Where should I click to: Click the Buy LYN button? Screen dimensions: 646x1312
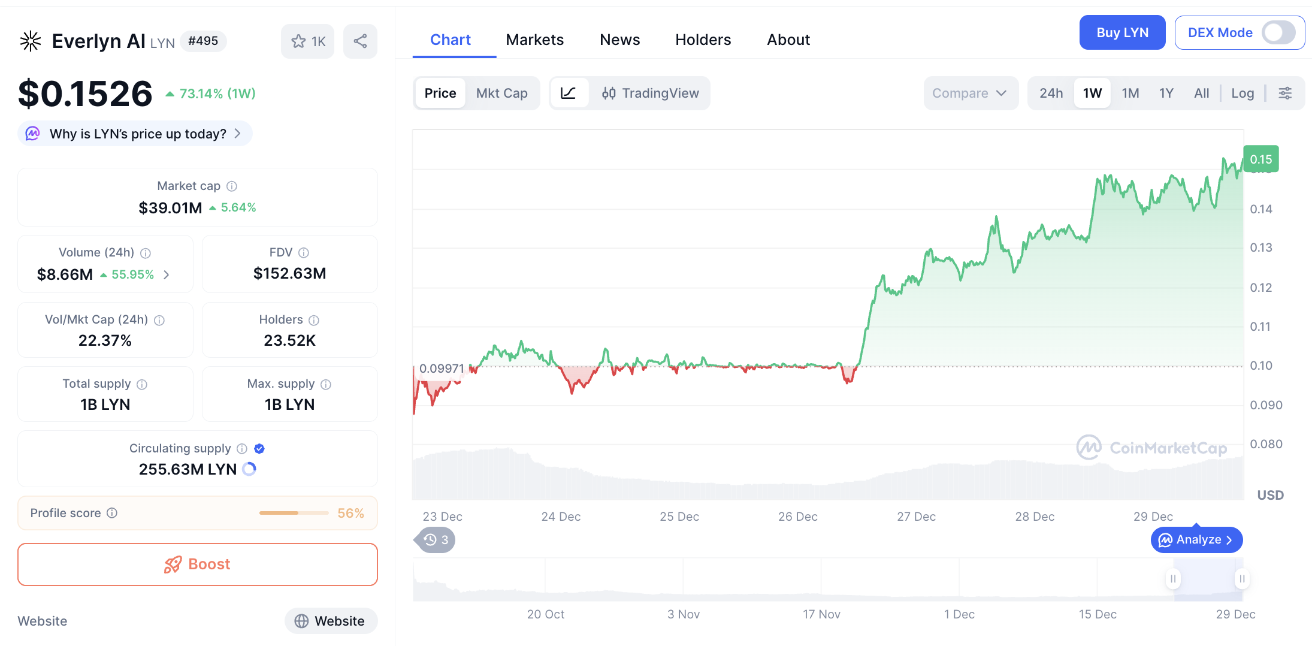tap(1121, 33)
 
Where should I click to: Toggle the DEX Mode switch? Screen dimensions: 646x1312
tap(1278, 33)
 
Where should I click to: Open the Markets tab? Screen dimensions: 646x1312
tap(534, 40)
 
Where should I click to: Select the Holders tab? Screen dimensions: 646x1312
tap(703, 40)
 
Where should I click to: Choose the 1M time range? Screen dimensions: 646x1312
tap(1130, 93)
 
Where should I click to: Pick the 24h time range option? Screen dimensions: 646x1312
tap(1051, 93)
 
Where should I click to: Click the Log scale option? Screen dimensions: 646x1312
tap(1242, 93)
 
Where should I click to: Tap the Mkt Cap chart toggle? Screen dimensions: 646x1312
tap(501, 93)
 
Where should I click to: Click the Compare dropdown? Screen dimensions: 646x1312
tap(969, 93)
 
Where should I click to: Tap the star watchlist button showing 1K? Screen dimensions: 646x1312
tap(308, 41)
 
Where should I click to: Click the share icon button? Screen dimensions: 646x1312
tap(360, 41)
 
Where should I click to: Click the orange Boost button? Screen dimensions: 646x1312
tap(198, 565)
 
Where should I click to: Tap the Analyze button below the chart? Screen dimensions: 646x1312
tap(1196, 540)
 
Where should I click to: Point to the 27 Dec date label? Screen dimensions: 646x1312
tap(916, 517)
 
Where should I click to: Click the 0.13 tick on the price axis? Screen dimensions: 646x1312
tap(1260, 247)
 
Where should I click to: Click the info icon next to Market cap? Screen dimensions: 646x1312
tap(232, 186)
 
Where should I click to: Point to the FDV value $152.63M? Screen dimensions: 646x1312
tap(289, 273)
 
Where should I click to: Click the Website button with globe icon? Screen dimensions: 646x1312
tap(331, 621)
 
